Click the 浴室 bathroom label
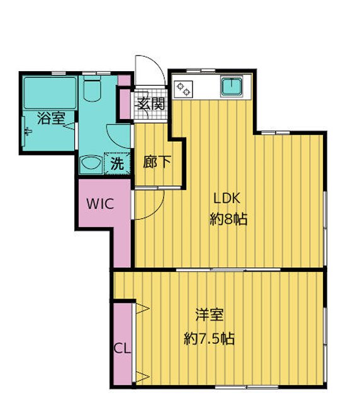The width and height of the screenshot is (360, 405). click(50, 118)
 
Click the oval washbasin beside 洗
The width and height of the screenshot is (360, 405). click(90, 164)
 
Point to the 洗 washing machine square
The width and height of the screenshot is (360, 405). click(117, 163)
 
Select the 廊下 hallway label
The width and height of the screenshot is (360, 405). click(157, 162)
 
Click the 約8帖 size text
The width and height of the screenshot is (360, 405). click(227, 219)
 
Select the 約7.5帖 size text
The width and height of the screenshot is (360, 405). click(209, 338)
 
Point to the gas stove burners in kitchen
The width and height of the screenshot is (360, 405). click(184, 89)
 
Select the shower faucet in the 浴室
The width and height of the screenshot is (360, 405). click(28, 131)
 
